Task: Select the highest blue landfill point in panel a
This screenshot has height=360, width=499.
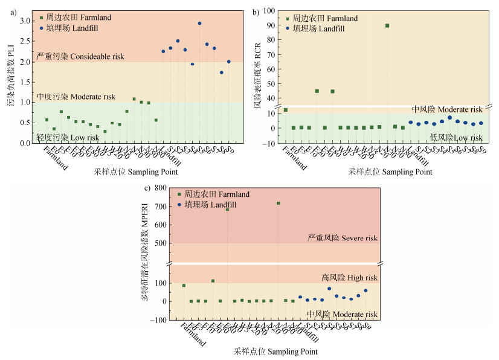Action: tap(199, 24)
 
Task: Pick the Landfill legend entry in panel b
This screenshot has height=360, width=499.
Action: tap(325, 28)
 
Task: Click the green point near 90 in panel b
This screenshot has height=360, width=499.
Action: tap(387, 26)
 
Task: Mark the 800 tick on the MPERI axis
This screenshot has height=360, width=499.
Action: tap(160, 188)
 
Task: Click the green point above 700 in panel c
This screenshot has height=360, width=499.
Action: tap(278, 203)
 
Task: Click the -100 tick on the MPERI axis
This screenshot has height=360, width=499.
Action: tap(158, 320)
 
